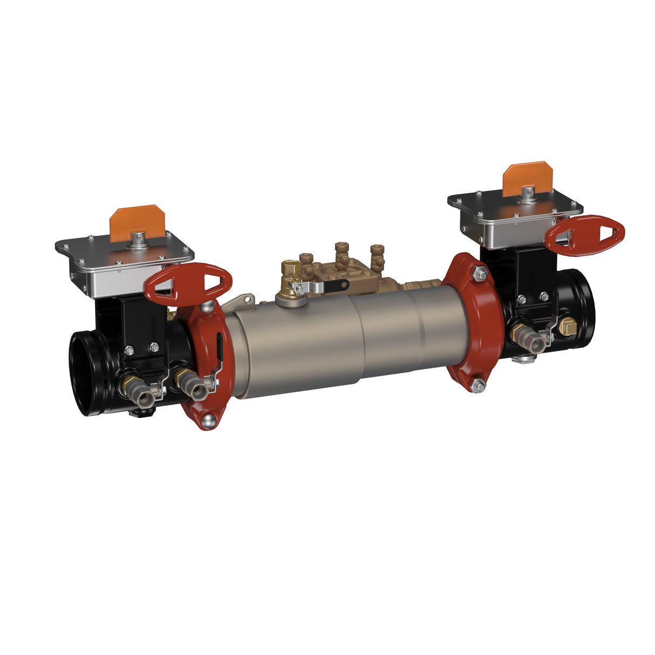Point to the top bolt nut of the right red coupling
(x=479, y=275)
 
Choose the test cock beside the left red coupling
(x=192, y=384)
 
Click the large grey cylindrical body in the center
(x=335, y=345)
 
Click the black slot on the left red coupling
(x=220, y=345)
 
